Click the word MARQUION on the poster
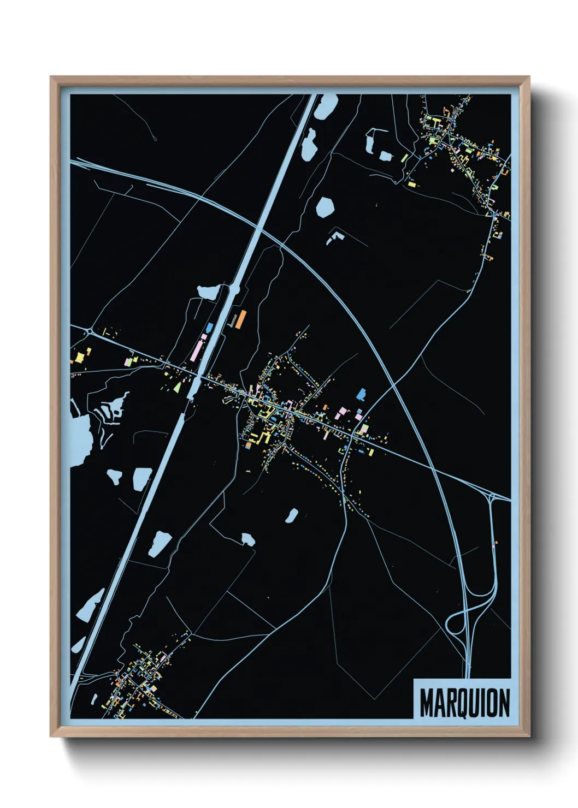pos(464,703)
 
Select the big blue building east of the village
pos(361,394)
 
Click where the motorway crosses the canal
pos(256,229)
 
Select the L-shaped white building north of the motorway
pos(334,238)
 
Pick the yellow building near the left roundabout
pos(80,357)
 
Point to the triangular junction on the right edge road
pos(492,497)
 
